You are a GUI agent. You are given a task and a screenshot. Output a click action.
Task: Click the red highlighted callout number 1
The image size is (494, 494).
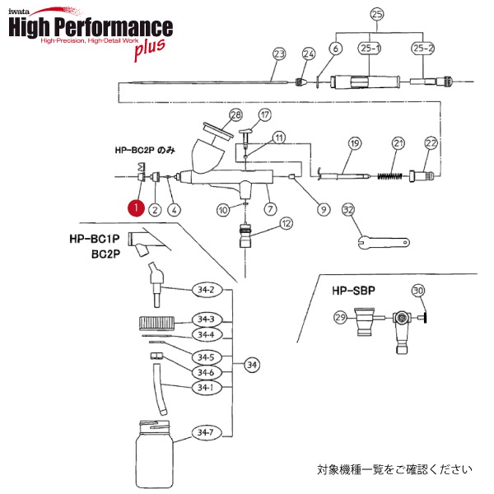pyautogui.click(x=135, y=209)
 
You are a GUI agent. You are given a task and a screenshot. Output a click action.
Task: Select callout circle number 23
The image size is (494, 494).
pyautogui.click(x=279, y=54)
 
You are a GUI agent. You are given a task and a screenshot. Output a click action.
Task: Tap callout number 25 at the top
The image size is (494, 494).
pyautogui.click(x=378, y=14)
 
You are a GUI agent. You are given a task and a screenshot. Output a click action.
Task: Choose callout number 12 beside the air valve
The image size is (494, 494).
pyautogui.click(x=286, y=223)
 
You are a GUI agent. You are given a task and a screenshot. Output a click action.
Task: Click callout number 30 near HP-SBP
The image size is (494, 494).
pyautogui.click(x=418, y=290)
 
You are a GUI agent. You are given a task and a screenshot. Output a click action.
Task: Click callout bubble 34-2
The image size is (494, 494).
pyautogui.click(x=204, y=290)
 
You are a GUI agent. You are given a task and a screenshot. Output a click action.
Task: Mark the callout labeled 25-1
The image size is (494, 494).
pyautogui.click(x=369, y=49)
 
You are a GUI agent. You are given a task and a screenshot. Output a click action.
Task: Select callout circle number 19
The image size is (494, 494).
pyautogui.click(x=355, y=144)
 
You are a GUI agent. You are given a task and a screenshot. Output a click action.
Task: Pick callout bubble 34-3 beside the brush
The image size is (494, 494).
pyautogui.click(x=204, y=319)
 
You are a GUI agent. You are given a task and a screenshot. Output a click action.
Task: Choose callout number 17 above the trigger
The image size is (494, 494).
pyautogui.click(x=265, y=114)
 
